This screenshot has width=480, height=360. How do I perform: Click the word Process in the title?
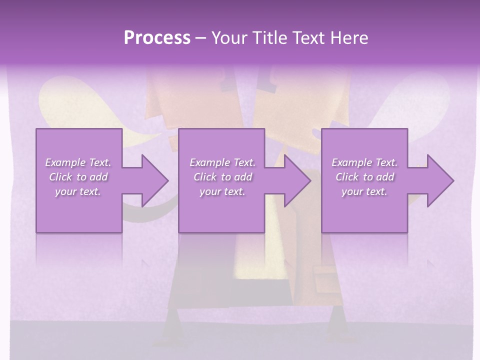coord(157,38)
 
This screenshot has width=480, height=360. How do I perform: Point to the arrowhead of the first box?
coord(150,180)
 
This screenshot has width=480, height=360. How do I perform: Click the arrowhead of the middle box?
coord(293,180)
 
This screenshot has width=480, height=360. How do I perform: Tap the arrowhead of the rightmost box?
coord(435,180)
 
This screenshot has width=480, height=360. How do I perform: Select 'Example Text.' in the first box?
coord(78,162)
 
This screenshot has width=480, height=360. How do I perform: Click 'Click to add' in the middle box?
coord(222,177)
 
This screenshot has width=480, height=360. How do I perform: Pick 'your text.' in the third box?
coord(364,191)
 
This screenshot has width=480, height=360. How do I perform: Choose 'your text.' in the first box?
coord(78,191)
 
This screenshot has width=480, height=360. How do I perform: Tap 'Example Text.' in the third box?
coord(364,162)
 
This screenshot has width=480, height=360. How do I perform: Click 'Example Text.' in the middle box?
coord(222,162)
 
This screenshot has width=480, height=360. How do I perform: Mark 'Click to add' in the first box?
coord(78,177)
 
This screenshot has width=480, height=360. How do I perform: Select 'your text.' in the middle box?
coord(222,191)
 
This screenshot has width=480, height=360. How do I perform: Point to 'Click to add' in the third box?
coord(364,177)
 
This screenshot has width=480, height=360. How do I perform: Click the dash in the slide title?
coord(201,38)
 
